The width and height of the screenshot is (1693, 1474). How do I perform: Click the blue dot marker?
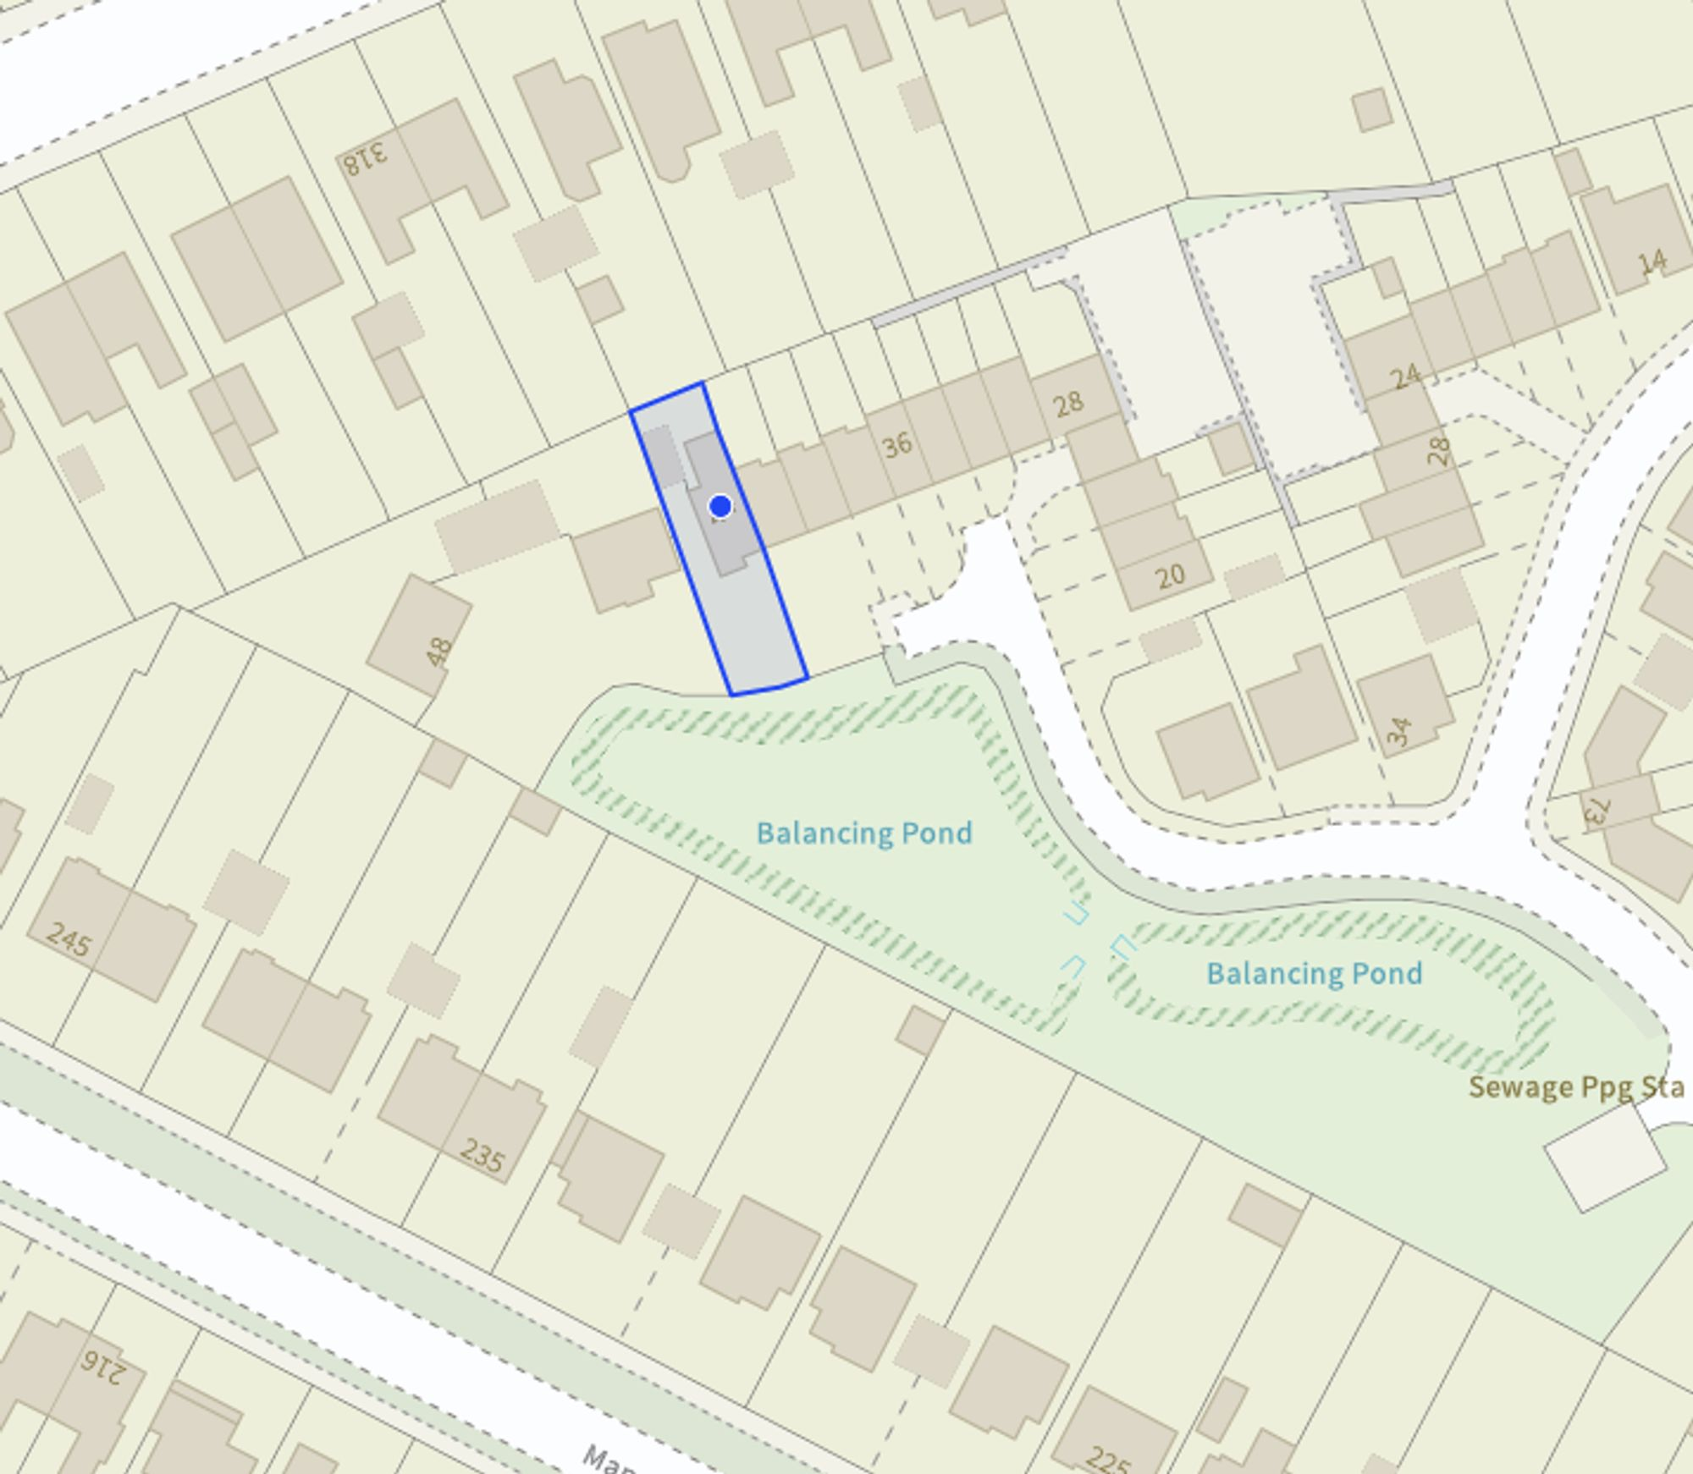720,506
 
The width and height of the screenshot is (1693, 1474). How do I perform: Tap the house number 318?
366,157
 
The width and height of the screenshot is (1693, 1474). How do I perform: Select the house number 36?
897,444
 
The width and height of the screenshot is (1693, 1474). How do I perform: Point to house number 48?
439,652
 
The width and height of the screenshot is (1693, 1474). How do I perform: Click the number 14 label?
1652,262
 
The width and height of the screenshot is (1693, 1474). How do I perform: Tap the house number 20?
1170,577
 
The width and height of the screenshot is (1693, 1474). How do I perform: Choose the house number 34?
1400,731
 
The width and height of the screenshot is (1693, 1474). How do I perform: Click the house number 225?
1107,1457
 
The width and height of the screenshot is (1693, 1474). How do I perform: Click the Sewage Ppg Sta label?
1575,1087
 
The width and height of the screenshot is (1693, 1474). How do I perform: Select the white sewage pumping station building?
1604,1158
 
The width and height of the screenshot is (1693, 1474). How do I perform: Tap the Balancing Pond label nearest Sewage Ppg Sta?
1314,973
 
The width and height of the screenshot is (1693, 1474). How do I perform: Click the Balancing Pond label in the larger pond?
863,833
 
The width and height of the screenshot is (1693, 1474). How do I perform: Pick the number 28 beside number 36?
1068,403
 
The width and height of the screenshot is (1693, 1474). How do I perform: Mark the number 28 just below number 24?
1438,451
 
